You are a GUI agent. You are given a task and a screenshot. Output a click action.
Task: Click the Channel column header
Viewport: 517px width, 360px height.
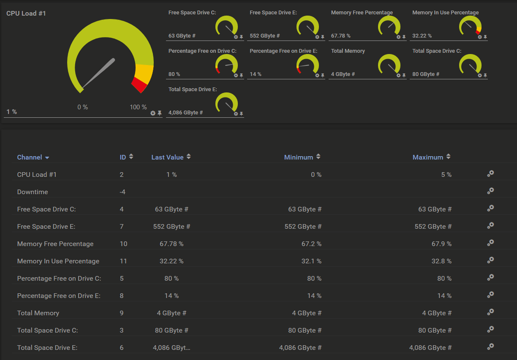[30, 157]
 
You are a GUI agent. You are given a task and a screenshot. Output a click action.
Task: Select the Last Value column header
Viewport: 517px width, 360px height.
[168, 157]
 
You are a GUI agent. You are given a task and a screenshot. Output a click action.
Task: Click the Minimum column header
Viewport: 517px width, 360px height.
[299, 157]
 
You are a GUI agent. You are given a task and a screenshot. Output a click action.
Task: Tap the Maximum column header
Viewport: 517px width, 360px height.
[428, 157]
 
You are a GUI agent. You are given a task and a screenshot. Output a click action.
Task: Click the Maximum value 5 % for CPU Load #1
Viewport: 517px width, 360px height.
[446, 175]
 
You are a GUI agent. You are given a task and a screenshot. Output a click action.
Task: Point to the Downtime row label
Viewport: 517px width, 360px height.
[33, 192]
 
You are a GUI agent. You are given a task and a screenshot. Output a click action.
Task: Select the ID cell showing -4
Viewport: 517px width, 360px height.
[122, 192]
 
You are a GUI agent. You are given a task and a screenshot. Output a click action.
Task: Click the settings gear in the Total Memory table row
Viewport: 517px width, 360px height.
[490, 312]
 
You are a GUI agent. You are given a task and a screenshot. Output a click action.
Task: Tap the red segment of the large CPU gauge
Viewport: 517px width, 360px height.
[139, 85]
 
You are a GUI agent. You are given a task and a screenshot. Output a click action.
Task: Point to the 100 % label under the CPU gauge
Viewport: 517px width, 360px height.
[138, 107]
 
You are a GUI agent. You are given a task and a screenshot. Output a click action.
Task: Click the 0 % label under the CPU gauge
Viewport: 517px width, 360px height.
[83, 107]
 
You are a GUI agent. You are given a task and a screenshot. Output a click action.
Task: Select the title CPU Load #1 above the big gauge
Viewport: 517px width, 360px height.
[26, 14]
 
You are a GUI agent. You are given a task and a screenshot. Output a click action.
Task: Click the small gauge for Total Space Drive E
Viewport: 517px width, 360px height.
[226, 103]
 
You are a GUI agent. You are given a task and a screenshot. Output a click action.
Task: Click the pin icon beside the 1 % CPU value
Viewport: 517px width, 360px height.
[160, 113]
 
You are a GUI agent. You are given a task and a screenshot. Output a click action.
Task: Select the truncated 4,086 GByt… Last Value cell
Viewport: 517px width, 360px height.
[171, 348]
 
